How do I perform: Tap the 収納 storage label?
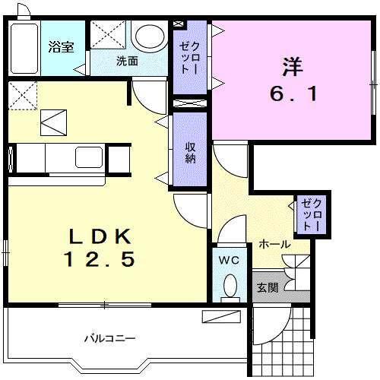point(190,152)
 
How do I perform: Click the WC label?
point(229,261)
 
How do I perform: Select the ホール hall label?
point(274,244)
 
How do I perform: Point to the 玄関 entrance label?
point(267,289)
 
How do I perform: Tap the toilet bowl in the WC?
point(229,287)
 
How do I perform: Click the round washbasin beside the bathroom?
point(149,37)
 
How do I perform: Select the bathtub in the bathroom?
point(24,47)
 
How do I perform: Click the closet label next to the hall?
point(311,214)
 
